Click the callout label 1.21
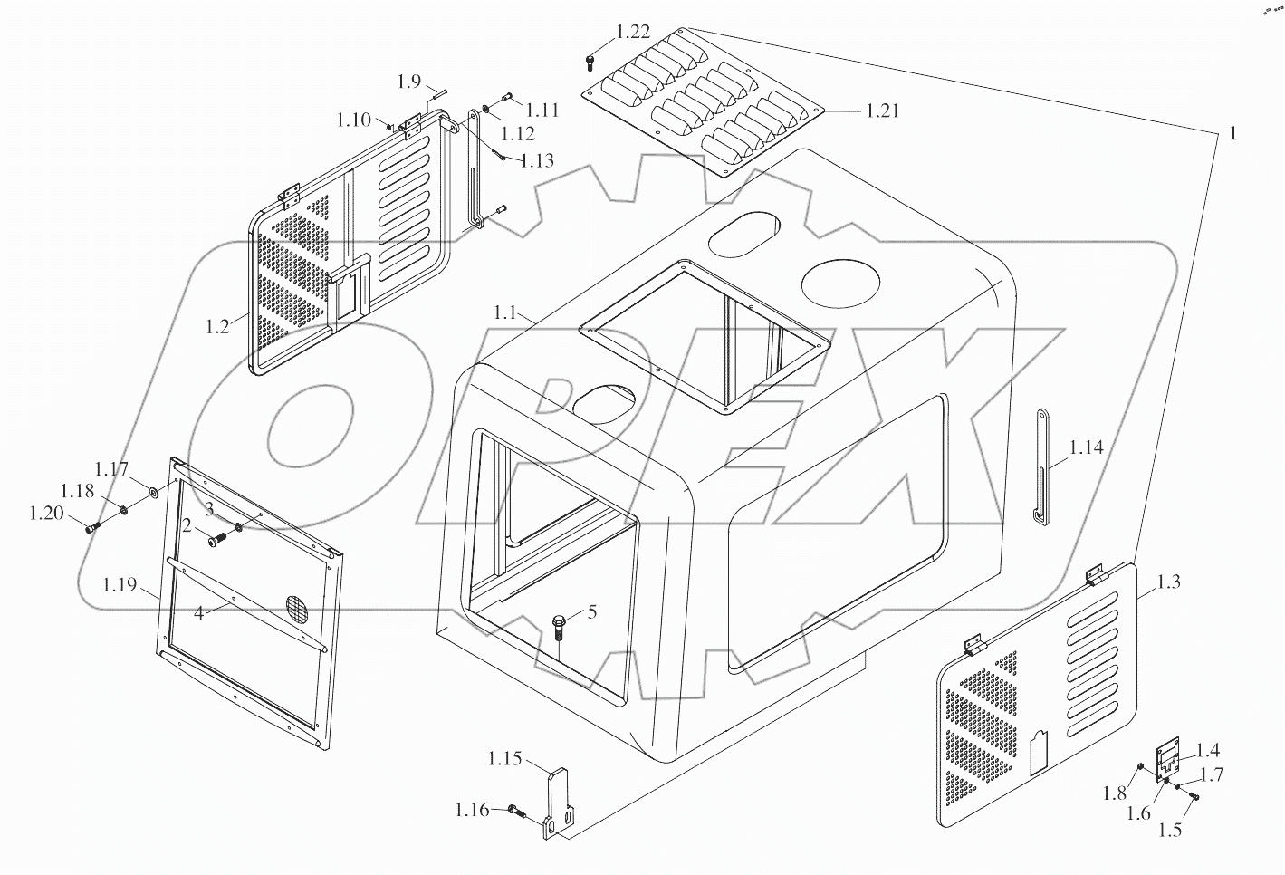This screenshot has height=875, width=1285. coord(881,111)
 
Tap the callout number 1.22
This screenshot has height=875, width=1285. coord(632,32)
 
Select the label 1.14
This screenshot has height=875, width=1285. coord(1086,447)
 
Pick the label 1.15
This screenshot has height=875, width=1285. coord(504,757)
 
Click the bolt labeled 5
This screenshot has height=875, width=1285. coord(559,626)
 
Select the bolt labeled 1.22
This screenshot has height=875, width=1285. coord(590,63)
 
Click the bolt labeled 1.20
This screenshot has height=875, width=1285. coord(91,527)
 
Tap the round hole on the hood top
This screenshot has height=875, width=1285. coord(840,281)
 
